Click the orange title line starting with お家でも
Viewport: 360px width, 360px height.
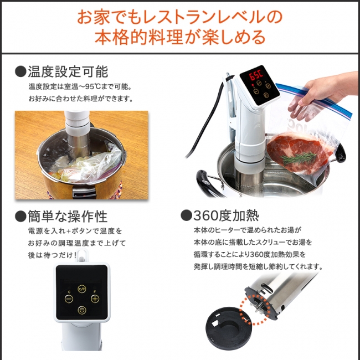pyautogui.click(x=180, y=17)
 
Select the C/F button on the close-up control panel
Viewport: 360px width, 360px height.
pyautogui.click(x=82, y=288)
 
